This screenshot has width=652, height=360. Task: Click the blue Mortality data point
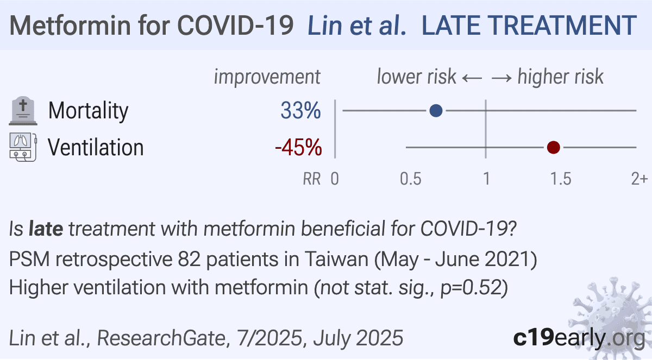tap(436, 111)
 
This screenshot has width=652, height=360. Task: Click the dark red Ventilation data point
tap(553, 148)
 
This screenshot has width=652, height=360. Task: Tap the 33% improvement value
tap(300, 111)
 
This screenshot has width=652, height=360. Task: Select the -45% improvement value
tap(298, 148)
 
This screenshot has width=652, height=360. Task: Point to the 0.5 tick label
tap(410, 179)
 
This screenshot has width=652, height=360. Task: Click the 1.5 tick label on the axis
tap(561, 179)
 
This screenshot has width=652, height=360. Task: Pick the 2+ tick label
tap(639, 179)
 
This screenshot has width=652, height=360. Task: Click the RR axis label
tap(312, 179)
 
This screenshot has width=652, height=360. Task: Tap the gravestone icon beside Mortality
tap(23, 111)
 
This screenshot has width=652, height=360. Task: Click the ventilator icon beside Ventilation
tap(23, 147)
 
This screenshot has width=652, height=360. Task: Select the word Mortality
tap(88, 111)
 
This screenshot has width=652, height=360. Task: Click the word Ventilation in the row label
tap(96, 148)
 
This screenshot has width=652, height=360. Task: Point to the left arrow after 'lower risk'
tap(472, 78)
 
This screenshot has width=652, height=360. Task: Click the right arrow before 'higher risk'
tap(501, 78)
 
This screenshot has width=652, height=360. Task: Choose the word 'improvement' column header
tap(267, 77)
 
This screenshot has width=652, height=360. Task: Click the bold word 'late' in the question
tap(46, 229)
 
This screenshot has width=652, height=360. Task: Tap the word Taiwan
tap(336, 259)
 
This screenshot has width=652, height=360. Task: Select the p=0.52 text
tap(471, 288)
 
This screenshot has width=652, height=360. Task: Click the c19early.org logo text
tap(579, 338)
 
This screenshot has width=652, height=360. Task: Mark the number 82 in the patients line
tap(189, 259)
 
